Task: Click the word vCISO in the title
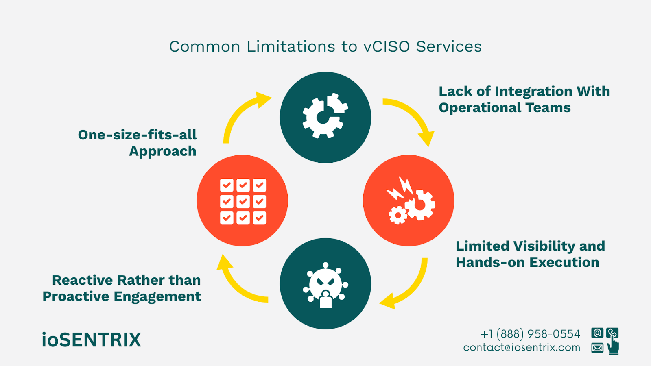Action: pyautogui.click(x=387, y=47)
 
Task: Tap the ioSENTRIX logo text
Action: pyautogui.click(x=92, y=340)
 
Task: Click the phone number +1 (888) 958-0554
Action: pyautogui.click(x=530, y=334)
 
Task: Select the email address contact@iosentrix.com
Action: pyautogui.click(x=522, y=348)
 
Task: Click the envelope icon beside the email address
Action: pyautogui.click(x=597, y=348)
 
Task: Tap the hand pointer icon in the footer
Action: pyautogui.click(x=613, y=346)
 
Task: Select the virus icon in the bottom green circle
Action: pyautogui.click(x=325, y=285)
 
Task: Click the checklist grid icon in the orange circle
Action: pyautogui.click(x=243, y=201)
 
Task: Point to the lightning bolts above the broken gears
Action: pyautogui.click(x=400, y=188)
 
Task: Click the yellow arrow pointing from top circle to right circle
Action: pyautogui.click(x=411, y=118)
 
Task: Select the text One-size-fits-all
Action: pyautogui.click(x=137, y=135)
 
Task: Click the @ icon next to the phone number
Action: pyautogui.click(x=597, y=333)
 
